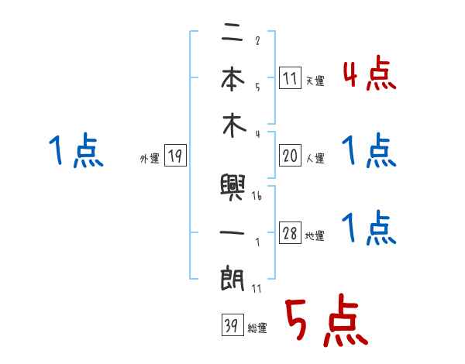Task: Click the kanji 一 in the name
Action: pyautogui.click(x=233, y=232)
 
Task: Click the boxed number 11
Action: pyautogui.click(x=289, y=77)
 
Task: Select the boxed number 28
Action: pyautogui.click(x=289, y=235)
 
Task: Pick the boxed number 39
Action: pyautogui.click(x=229, y=326)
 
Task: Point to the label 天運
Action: pyautogui.click(x=315, y=80)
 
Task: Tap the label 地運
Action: pyautogui.click(x=315, y=236)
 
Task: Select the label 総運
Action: pyautogui.click(x=257, y=328)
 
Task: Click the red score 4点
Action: pyautogui.click(x=369, y=74)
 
